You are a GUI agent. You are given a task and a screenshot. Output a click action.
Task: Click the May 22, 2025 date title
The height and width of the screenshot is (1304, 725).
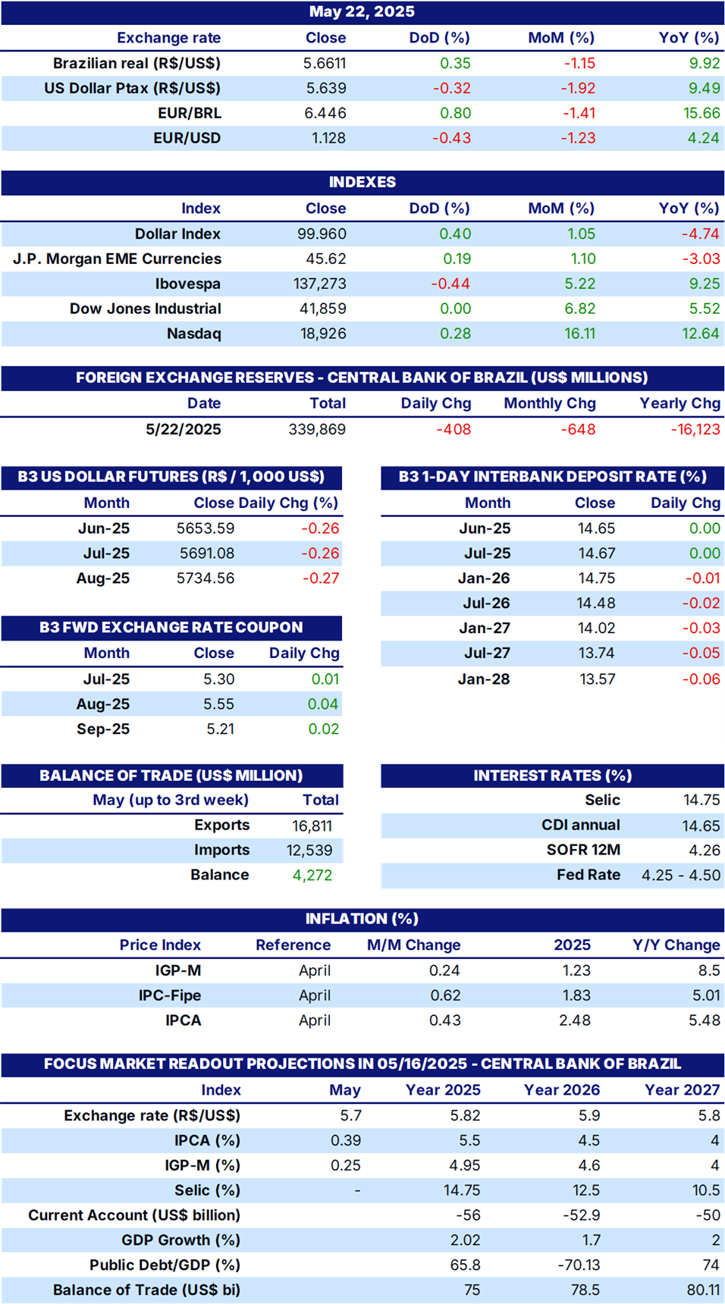pyautogui.click(x=362, y=11)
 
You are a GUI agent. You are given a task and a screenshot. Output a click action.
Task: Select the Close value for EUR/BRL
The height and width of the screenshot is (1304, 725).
pyautogui.click(x=325, y=113)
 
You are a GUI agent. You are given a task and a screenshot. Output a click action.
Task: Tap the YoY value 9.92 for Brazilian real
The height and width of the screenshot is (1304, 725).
pyautogui.click(x=705, y=63)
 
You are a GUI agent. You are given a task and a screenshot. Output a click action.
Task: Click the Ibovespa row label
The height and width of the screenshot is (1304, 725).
pyautogui.click(x=188, y=284)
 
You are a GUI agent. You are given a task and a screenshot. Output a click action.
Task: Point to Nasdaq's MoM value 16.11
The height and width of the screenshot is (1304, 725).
pyautogui.click(x=580, y=334)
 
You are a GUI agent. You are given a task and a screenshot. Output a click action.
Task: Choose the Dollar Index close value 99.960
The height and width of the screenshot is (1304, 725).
pyautogui.click(x=322, y=234)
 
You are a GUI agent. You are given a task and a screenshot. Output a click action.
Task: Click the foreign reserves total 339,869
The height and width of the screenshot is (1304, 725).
pyautogui.click(x=317, y=429)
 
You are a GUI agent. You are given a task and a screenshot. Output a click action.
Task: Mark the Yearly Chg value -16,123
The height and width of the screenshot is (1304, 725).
pyautogui.click(x=695, y=429)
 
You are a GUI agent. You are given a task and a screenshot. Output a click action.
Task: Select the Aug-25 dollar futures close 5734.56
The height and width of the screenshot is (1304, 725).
pyautogui.click(x=206, y=578)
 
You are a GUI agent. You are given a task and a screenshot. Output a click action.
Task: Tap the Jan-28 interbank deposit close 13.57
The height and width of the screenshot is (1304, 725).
pyautogui.click(x=598, y=679)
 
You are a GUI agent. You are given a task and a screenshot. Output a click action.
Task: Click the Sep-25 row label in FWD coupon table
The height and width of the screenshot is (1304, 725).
pyautogui.click(x=103, y=729)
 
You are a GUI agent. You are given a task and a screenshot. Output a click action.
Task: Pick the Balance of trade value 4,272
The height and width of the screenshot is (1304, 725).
pyautogui.click(x=312, y=875)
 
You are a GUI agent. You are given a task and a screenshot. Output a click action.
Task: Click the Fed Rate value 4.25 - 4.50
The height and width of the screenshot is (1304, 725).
pyautogui.click(x=681, y=875)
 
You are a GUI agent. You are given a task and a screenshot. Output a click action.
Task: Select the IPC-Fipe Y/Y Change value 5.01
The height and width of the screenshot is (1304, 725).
pyautogui.click(x=705, y=995)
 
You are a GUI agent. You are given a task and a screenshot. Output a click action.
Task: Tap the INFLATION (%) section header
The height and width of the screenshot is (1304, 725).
pyautogui.click(x=362, y=919)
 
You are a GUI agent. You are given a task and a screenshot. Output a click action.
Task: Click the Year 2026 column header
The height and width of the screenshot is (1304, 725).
pyautogui.click(x=562, y=1090)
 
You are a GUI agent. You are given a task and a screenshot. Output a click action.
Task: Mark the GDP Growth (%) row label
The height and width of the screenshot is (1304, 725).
pyautogui.click(x=180, y=1240)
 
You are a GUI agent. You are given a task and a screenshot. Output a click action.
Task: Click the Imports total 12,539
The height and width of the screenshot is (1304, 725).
pyautogui.click(x=309, y=851)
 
